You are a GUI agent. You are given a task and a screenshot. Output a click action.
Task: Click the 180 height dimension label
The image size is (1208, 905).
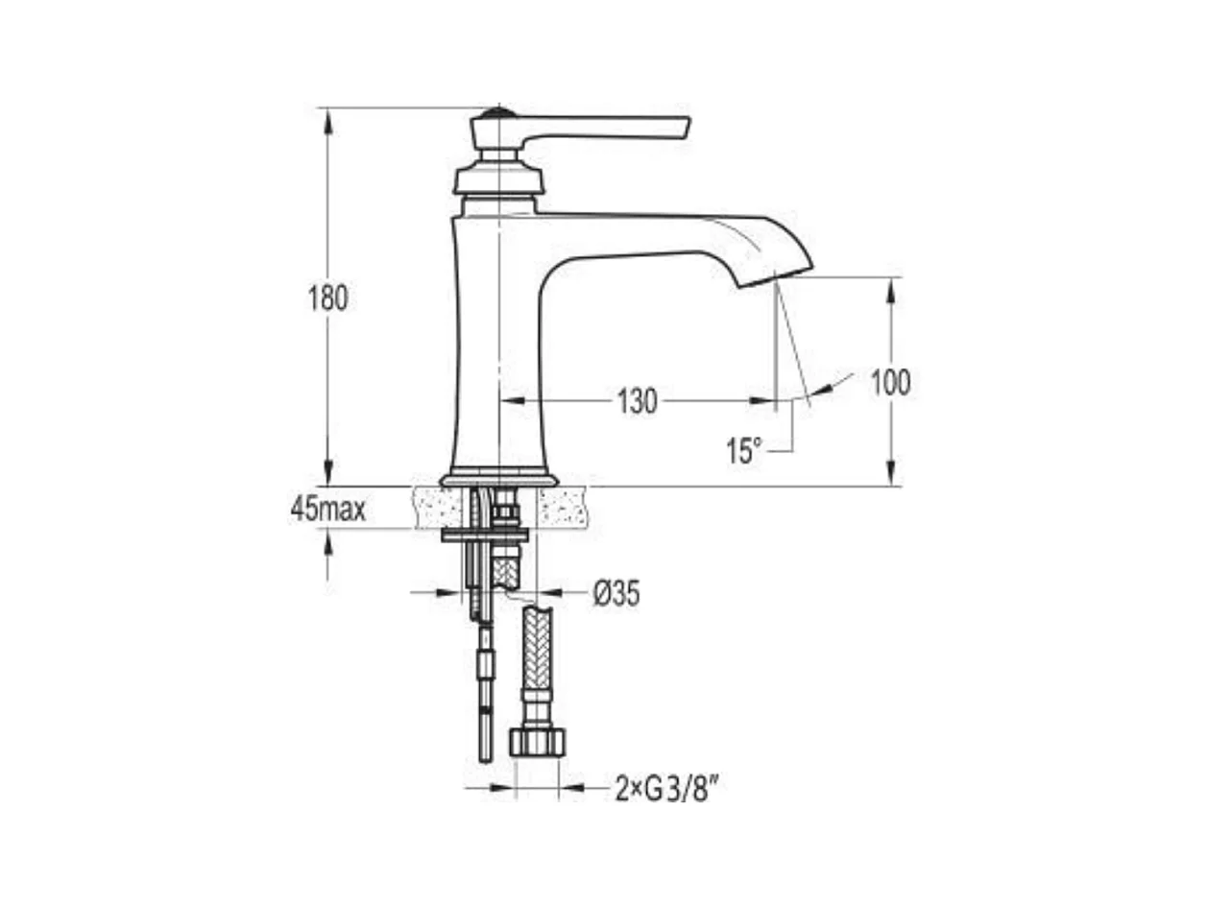(327, 298)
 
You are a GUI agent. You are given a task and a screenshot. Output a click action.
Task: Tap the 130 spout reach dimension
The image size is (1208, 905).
(637, 401)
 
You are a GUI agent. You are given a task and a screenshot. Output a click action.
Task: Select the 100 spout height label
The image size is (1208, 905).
(890, 382)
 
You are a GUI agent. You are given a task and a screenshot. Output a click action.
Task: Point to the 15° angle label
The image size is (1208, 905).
(744, 451)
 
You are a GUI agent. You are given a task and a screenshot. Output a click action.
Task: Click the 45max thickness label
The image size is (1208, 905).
(328, 510)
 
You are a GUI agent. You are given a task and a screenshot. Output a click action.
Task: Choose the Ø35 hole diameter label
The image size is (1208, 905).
(616, 594)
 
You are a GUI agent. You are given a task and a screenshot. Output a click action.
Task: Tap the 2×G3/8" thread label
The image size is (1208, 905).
(666, 790)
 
